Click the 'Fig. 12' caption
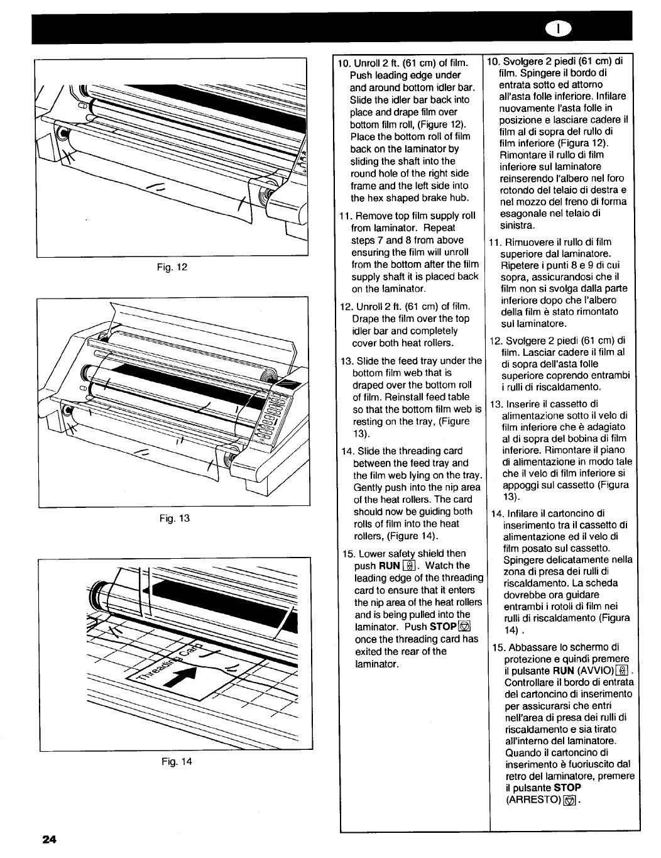[x=173, y=267]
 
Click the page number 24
[x=50, y=839]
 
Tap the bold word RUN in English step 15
[x=390, y=566]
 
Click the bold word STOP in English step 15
[x=444, y=627]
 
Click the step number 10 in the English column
[x=343, y=63]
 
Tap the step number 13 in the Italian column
[x=496, y=404]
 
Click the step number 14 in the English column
[x=346, y=451]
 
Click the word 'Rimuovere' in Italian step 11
[x=525, y=242]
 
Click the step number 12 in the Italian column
[x=496, y=341]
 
